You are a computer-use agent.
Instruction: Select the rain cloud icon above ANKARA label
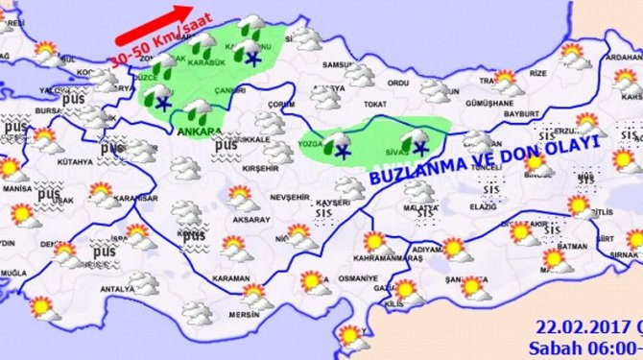pyautogui.click(x=199, y=109)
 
